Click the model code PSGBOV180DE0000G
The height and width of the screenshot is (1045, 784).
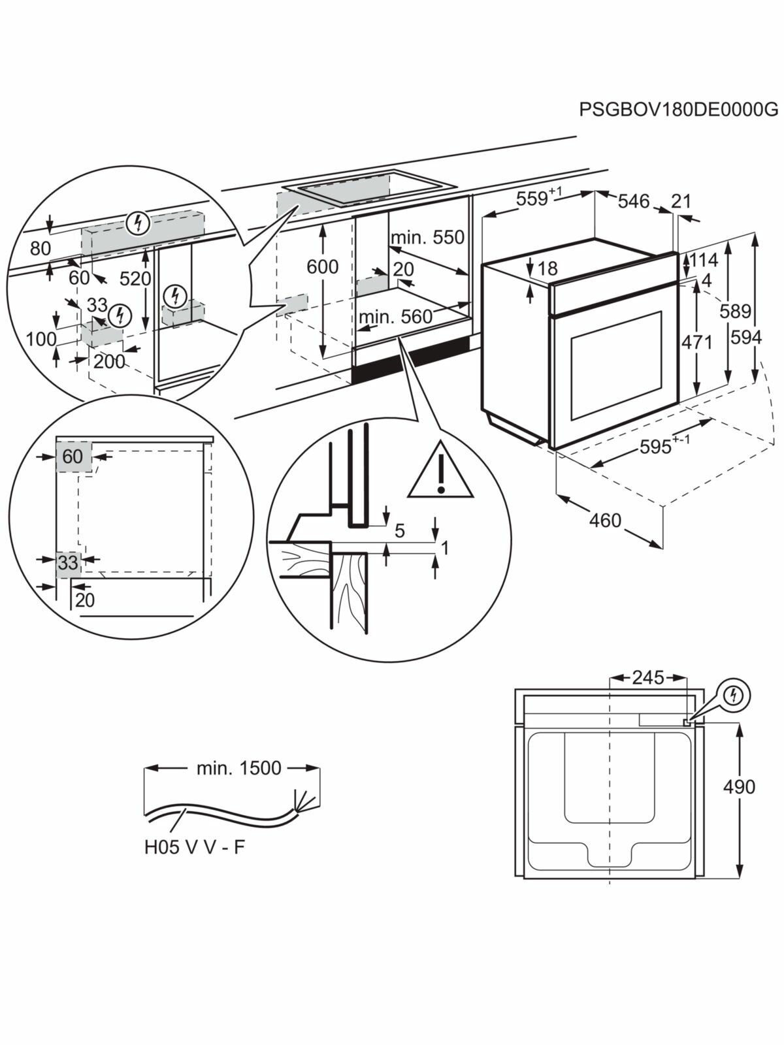coord(679,109)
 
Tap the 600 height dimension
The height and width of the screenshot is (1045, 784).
coord(323,266)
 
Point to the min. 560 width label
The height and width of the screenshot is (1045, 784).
coord(395,317)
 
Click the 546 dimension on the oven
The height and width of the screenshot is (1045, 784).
coord(634,201)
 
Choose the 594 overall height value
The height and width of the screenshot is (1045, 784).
coord(746,338)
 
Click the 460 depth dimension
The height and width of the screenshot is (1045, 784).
coord(605,521)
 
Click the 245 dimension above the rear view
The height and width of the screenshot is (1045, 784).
coord(647,677)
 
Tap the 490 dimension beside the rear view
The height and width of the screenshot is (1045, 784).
coord(739,786)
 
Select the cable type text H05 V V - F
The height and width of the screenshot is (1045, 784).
coord(195,847)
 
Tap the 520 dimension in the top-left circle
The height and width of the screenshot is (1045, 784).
coord(135,279)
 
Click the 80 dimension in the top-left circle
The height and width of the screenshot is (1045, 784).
coord(40,248)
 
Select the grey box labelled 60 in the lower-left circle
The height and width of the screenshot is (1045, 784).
coord(73,456)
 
